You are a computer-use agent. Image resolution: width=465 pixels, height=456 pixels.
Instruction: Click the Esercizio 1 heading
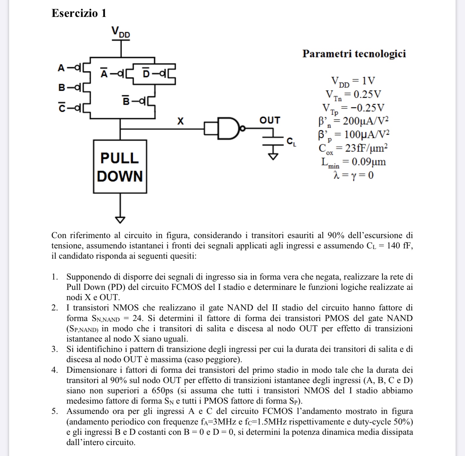pos(79,13)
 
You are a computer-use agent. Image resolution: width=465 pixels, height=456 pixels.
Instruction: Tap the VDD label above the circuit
pos(120,32)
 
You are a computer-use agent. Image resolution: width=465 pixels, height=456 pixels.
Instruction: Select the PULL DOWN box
pos(120,167)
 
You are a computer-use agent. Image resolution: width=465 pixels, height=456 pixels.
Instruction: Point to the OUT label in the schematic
pos(269,120)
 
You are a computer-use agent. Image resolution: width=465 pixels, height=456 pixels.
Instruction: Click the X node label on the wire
pos(180,121)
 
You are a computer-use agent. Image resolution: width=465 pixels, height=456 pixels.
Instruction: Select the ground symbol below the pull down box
pos(120,220)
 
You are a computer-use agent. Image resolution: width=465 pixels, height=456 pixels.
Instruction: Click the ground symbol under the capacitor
pos(274,156)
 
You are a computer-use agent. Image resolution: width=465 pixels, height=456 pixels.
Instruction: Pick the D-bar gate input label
pos(146,73)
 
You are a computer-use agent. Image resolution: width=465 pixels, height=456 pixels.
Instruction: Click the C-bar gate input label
pos(62,107)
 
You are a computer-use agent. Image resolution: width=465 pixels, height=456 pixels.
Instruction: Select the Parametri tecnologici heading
pos(354,54)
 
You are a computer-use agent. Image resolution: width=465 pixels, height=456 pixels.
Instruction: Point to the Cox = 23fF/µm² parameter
pos(353,148)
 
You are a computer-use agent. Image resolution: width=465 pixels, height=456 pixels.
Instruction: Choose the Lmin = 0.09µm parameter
pos(353,162)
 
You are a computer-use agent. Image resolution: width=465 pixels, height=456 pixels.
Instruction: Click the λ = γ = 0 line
pos(353,175)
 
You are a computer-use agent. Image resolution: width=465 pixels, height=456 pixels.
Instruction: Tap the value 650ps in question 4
pos(163,390)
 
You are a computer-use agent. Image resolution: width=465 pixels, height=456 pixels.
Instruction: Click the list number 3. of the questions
pos(55,349)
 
